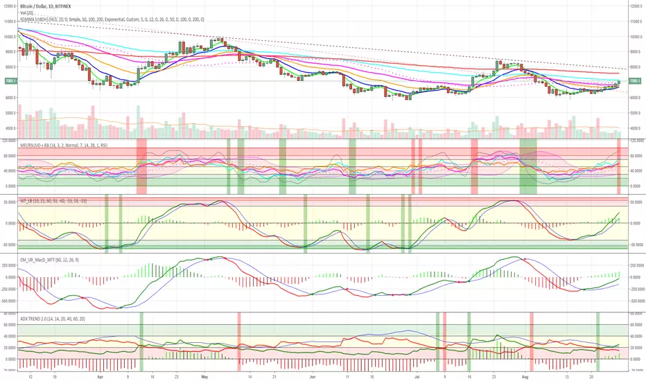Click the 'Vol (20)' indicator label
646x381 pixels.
click(x=27, y=13)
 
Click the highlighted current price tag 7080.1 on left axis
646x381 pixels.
click(x=9, y=81)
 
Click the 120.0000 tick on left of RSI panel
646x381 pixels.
click(x=10, y=139)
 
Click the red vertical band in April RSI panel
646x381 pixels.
click(x=141, y=166)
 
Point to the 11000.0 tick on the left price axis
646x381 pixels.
click(x=9, y=21)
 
